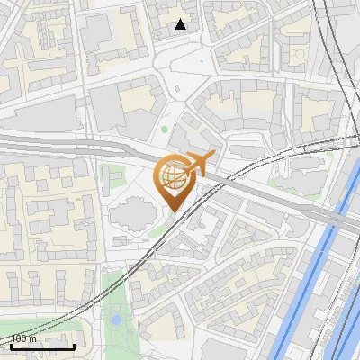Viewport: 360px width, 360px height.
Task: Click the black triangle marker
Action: point(181,24)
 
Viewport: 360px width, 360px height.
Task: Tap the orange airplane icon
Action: point(199,163)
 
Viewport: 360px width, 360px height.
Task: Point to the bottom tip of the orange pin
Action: point(172,211)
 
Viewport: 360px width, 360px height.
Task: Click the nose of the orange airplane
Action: point(213,156)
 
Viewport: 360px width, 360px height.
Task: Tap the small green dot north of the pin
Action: point(165,130)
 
